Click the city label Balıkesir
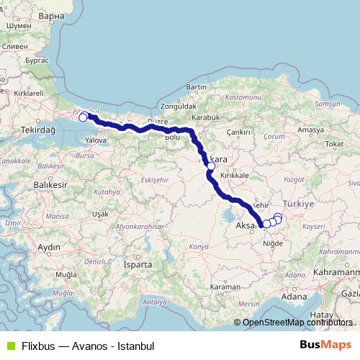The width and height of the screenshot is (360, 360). tap(53, 185)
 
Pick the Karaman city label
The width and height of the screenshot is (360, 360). tap(232, 286)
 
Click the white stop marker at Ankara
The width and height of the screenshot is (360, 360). tap(211, 166)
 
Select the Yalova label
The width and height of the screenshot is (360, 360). tap(96, 141)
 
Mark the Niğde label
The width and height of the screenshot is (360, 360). tap(271, 243)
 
